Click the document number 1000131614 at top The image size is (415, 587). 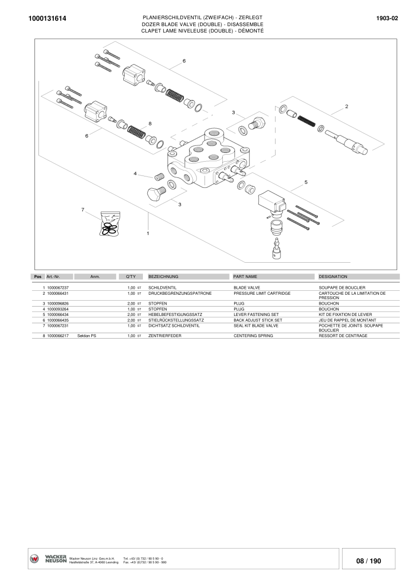(x=47, y=19)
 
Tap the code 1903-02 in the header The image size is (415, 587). (x=387, y=18)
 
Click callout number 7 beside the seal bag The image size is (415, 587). (x=82, y=210)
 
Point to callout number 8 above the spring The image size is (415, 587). (x=150, y=123)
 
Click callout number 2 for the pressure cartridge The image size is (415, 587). (x=346, y=106)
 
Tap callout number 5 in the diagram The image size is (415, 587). (x=306, y=182)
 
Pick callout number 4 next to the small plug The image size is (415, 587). (x=135, y=173)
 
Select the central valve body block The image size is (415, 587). (x=207, y=158)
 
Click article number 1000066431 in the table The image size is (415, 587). (x=58, y=293)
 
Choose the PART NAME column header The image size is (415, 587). (x=245, y=276)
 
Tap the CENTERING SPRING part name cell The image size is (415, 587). (x=253, y=336)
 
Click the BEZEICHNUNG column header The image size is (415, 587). (x=163, y=276)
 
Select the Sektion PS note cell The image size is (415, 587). (x=86, y=336)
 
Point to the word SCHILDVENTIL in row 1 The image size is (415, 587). (x=162, y=287)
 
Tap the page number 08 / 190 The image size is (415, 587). (x=369, y=561)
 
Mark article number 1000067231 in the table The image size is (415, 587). (x=58, y=325)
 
